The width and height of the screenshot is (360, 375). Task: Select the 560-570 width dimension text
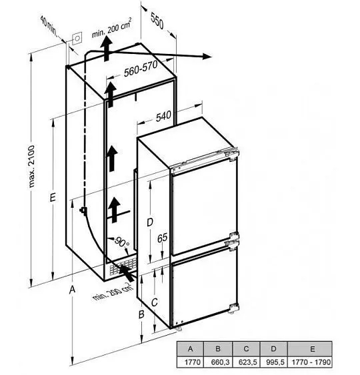tap(141, 69)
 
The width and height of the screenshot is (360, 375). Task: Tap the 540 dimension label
tap(163, 117)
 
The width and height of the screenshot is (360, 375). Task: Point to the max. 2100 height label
tap(31, 166)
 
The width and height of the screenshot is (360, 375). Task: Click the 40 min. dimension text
tap(49, 26)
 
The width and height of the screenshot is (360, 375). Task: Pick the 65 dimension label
tap(162, 238)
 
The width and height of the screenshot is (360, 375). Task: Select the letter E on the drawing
tap(53, 198)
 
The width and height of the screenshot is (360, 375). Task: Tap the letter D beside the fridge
tap(149, 222)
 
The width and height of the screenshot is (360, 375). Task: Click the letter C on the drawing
tap(155, 302)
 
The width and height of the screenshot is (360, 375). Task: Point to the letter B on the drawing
tap(141, 314)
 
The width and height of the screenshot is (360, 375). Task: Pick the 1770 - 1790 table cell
tap(310, 362)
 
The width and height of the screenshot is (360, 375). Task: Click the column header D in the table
tap(273, 349)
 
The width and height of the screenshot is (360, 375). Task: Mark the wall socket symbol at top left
tap(77, 38)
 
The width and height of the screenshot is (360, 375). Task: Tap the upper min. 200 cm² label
tap(111, 28)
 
